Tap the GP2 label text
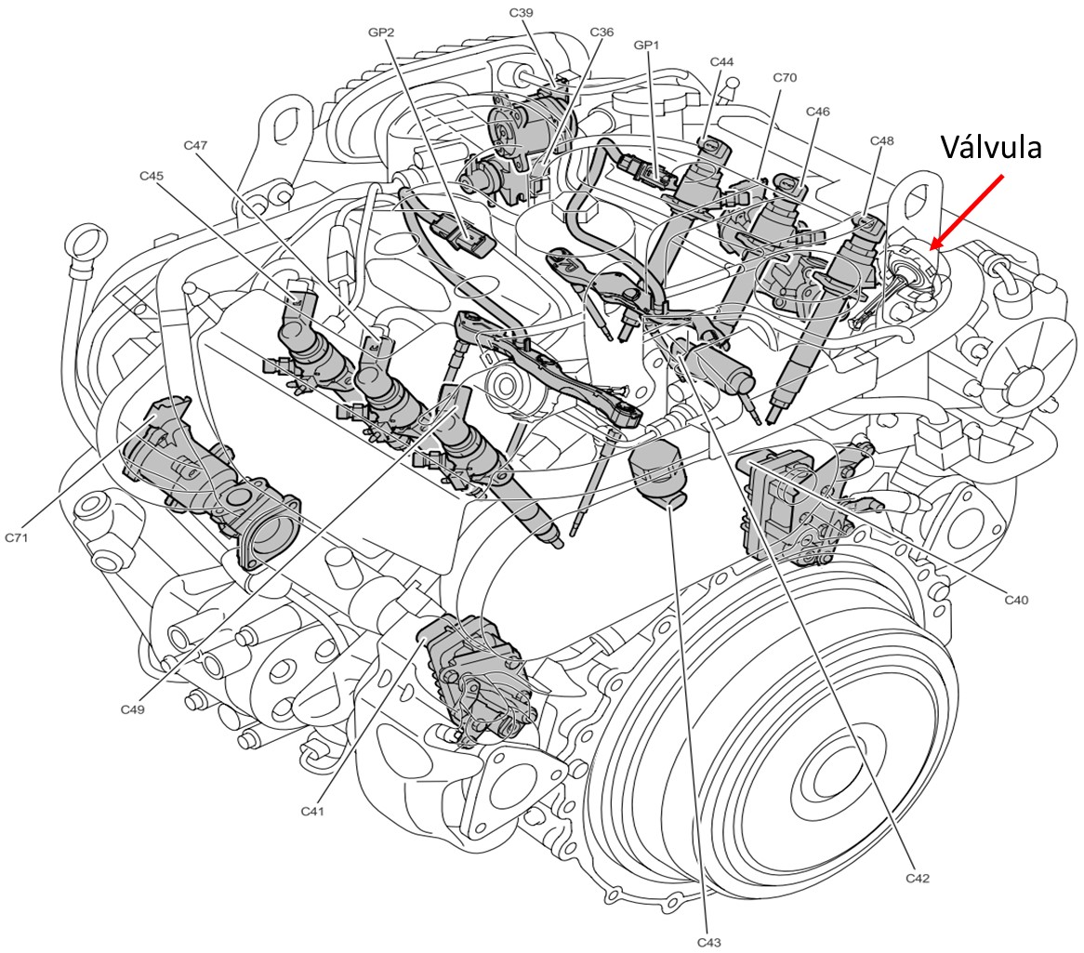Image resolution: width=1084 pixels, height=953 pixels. tap(381, 32)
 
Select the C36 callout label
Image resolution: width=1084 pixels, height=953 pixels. tap(601, 32)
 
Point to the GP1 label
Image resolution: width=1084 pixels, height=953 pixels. tap(647, 44)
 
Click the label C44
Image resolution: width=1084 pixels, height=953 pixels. tap(721, 61)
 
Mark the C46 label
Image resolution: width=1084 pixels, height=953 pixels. tap(818, 112)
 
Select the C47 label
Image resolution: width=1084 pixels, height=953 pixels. tap(195, 145)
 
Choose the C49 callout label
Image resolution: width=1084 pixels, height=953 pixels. tap(132, 709)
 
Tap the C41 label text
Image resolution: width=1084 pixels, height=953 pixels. tap(312, 811)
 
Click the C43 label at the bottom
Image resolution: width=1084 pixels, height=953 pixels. tap(709, 942)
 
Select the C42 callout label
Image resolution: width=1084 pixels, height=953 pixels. tap(917, 878)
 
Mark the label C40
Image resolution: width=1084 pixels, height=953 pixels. tap(1016, 600)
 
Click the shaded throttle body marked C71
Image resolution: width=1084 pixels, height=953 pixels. tap(209, 483)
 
